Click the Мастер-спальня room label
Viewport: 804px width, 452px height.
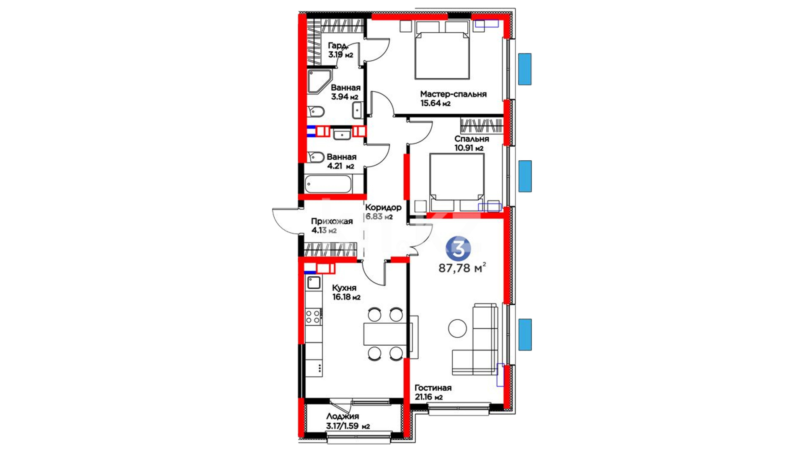pos(453,94)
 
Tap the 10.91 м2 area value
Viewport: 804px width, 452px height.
pos(469,148)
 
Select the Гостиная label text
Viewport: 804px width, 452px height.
pos(433,388)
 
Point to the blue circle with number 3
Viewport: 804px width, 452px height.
pos(459,249)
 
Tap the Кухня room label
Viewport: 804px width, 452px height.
pos(344,288)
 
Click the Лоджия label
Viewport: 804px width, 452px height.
pos(343,416)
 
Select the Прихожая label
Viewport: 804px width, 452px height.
pos(332,221)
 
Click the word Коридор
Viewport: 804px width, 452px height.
pos(383,207)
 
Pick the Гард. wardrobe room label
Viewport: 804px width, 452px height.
pos(338,46)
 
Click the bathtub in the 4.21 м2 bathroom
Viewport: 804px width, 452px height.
pos(328,184)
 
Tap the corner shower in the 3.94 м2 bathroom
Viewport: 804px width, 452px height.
pos(319,82)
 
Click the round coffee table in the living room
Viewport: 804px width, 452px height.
pos(457,329)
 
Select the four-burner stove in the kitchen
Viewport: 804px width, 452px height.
pos(313,317)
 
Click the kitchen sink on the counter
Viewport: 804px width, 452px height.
pos(314,283)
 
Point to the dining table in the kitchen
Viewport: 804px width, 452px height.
pos(385,334)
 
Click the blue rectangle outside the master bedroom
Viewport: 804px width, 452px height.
pos(525,69)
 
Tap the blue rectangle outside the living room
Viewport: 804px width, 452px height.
pos(525,334)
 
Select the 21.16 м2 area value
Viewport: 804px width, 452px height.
pos(428,397)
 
